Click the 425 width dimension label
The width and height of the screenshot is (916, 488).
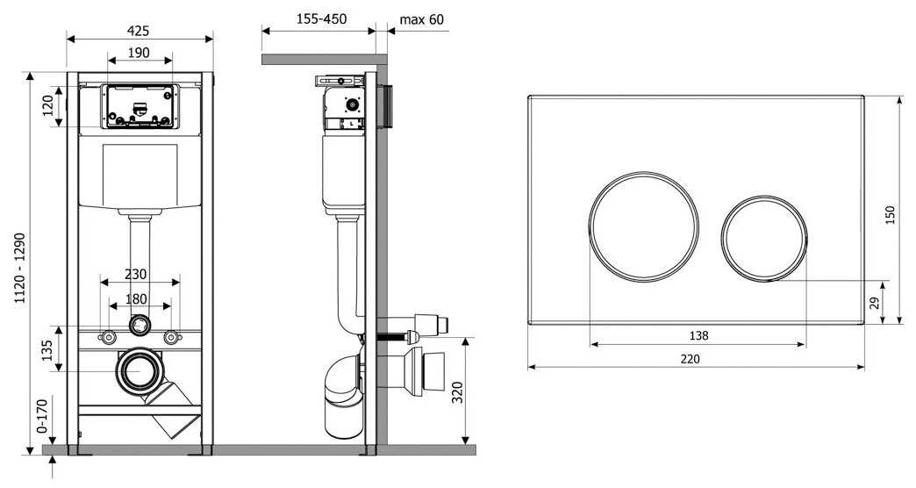[138, 31]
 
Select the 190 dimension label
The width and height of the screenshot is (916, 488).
[139, 53]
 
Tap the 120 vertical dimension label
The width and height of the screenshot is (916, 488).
[48, 106]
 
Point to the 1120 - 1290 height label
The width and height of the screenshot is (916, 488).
[20, 269]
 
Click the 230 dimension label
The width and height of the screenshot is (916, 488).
[135, 274]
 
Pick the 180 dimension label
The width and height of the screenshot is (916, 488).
[136, 298]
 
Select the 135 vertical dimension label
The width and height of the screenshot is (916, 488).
[48, 349]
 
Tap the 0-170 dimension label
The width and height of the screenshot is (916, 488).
[42, 416]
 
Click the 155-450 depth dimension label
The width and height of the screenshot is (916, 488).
[321, 18]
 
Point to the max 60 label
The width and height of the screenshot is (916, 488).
[421, 19]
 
